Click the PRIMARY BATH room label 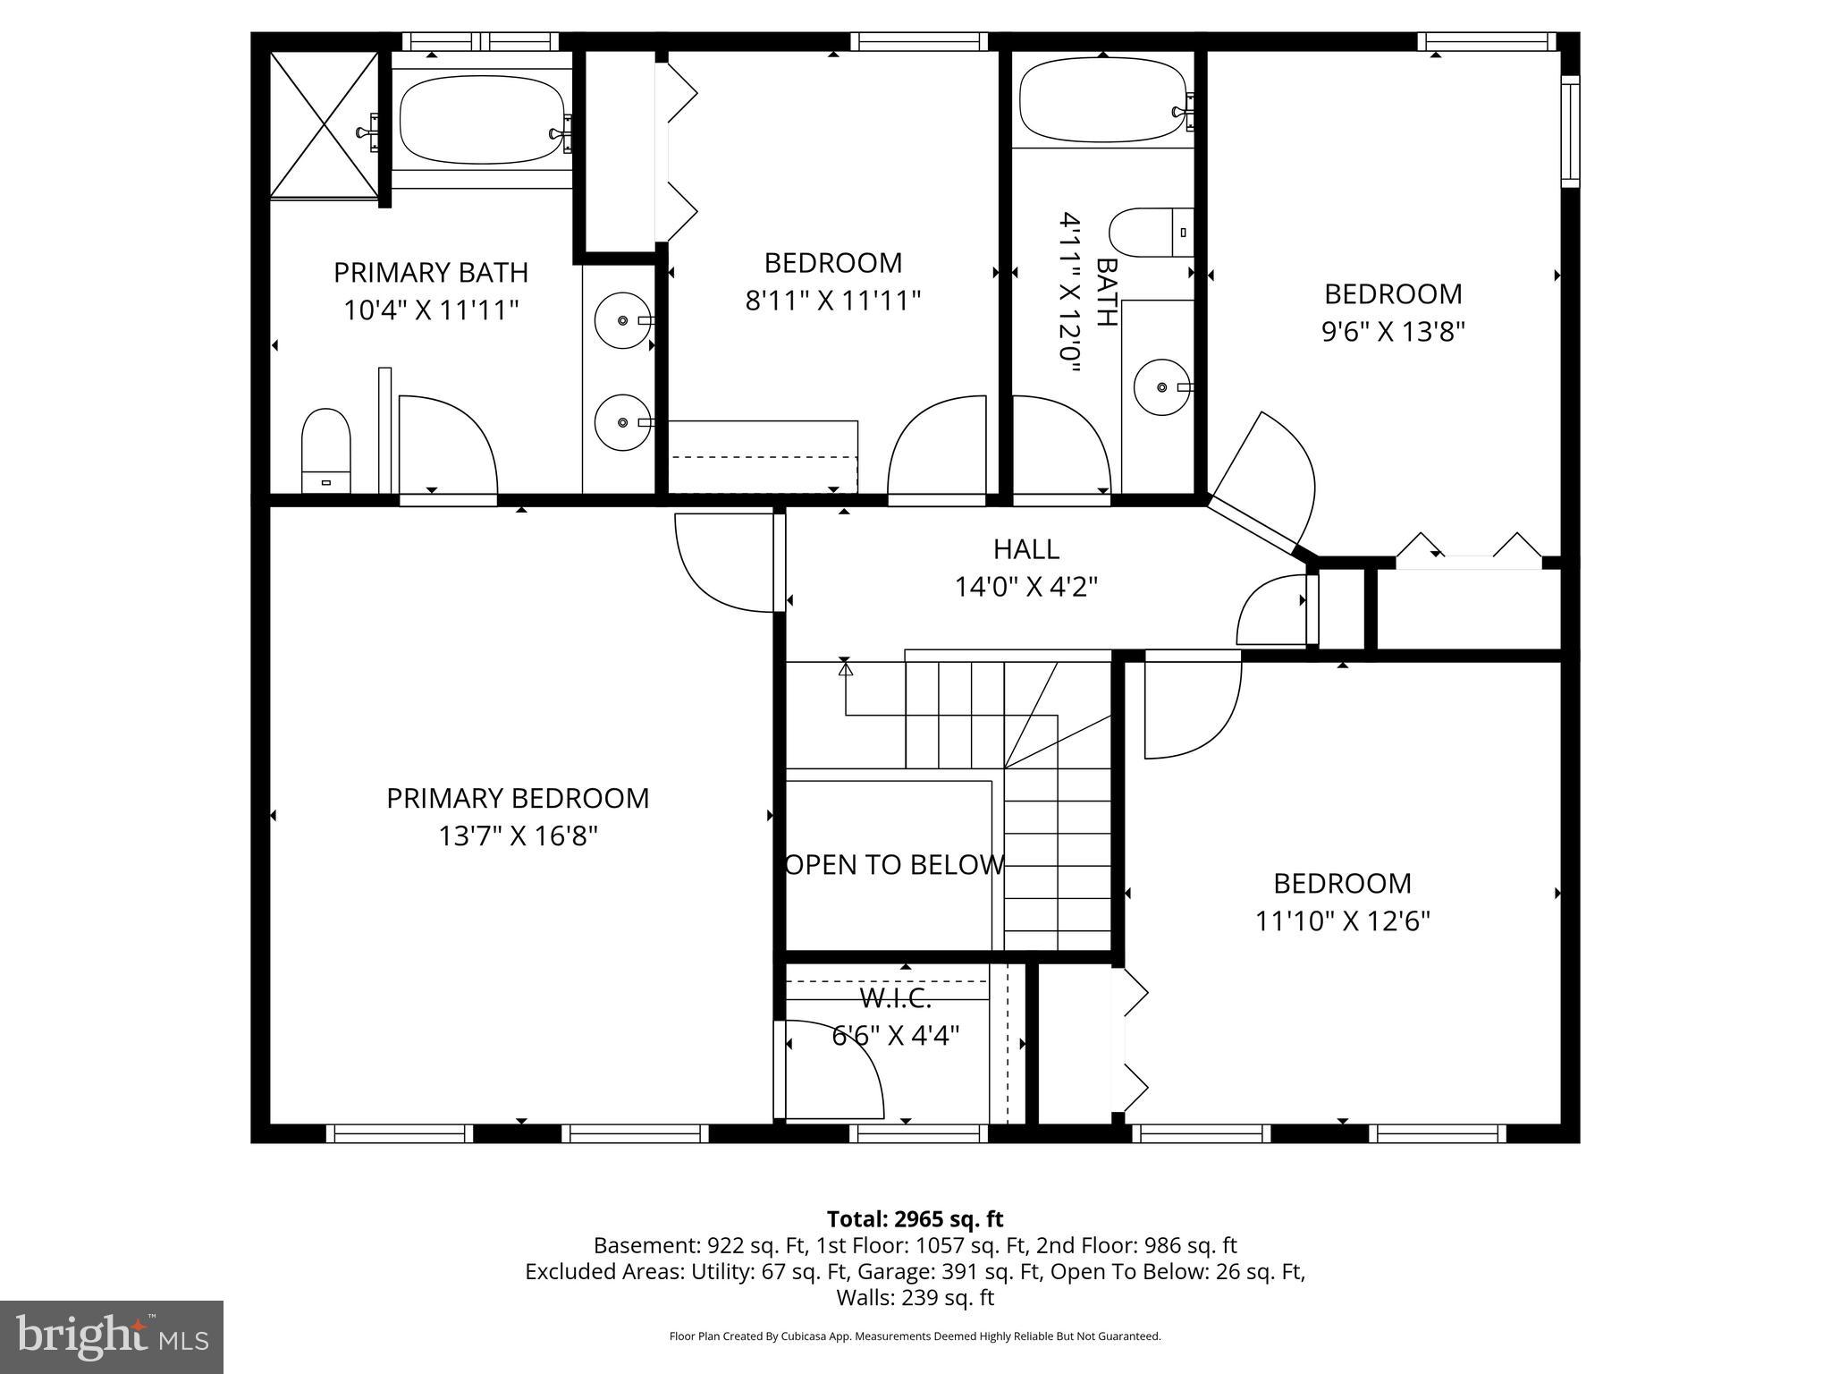431,272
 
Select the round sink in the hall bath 1162,387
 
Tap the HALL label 1025,548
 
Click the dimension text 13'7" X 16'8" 518,836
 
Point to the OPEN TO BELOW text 894,865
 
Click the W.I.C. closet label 895,997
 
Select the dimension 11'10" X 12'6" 1342,921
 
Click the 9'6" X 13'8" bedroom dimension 1393,332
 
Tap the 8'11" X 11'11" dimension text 832,301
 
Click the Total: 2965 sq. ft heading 915,1219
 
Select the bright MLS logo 112,1336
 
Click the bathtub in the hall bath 1103,99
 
